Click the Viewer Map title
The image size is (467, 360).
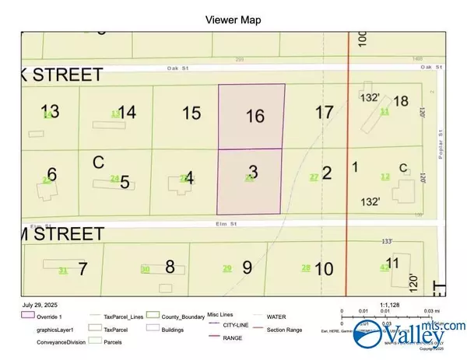click(x=233, y=19)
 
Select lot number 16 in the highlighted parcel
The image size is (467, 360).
click(x=255, y=117)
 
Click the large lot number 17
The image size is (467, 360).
click(x=325, y=113)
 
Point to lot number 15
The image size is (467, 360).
click(x=191, y=113)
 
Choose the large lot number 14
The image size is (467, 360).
click(x=127, y=112)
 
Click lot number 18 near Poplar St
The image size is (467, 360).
click(x=401, y=102)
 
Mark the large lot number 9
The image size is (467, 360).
click(x=247, y=268)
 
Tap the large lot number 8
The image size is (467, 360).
click(x=170, y=267)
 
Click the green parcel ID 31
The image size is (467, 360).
click(x=63, y=270)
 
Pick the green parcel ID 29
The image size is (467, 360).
click(x=227, y=268)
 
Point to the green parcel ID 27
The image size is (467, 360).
click(x=314, y=177)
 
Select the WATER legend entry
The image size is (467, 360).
click(x=276, y=316)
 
